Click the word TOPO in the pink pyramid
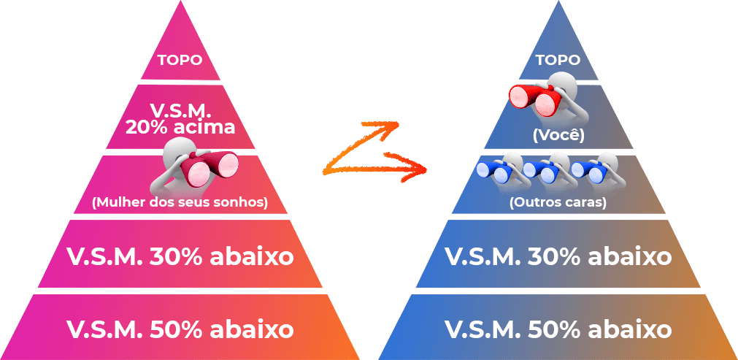180,60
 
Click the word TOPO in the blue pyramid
558,60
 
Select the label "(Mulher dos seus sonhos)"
180,202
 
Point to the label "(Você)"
558,136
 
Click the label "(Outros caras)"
558,202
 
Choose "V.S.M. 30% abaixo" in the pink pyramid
180,256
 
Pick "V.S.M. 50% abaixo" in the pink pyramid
180,329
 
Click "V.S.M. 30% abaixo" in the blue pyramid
558,256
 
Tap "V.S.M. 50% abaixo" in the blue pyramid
558,329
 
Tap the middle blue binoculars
541,172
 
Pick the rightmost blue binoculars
588,172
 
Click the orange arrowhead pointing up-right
391,127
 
